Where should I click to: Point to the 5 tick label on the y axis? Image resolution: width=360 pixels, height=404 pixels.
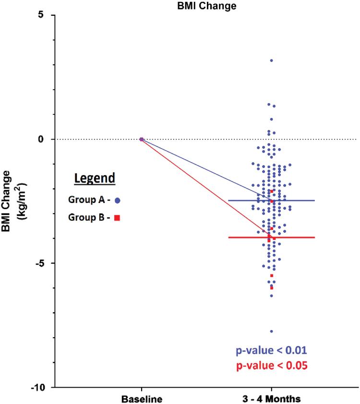point(41,15)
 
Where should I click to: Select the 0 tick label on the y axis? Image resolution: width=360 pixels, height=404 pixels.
point(41,139)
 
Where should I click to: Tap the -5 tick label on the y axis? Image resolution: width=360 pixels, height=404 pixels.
point(39,263)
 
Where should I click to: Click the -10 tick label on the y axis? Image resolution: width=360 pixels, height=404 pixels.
point(36,387)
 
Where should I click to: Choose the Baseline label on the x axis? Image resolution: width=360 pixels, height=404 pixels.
point(141,399)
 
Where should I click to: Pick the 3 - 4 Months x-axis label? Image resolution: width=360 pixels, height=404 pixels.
point(271,399)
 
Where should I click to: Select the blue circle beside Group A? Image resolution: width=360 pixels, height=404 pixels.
point(117,201)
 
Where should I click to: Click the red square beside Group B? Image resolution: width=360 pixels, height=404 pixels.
point(117,218)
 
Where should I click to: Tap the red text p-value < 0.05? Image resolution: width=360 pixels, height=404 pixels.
point(271,365)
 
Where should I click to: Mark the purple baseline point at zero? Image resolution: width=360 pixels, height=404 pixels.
point(141,139)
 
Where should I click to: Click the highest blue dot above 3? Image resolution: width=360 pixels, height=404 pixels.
point(271,60)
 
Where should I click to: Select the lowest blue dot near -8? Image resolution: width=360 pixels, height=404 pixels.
point(271,331)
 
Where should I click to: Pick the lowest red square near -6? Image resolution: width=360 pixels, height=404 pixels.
point(272,288)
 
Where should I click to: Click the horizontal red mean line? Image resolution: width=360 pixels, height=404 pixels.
point(298,237)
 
